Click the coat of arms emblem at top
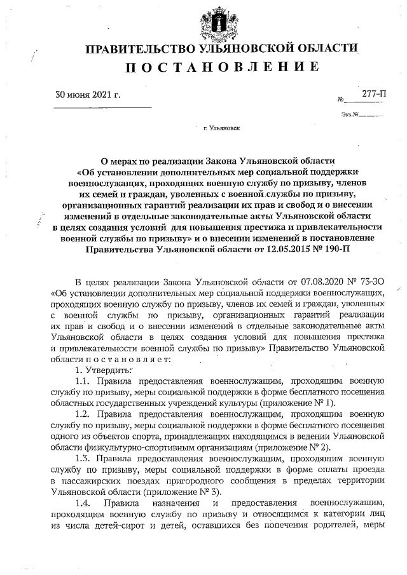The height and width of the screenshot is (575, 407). tap(218, 20)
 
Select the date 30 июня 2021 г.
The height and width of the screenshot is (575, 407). tap(88, 96)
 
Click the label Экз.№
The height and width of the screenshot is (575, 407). tap(350, 115)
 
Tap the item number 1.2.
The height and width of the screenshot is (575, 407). tap(85, 413)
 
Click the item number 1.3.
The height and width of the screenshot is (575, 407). tap(85, 457)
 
